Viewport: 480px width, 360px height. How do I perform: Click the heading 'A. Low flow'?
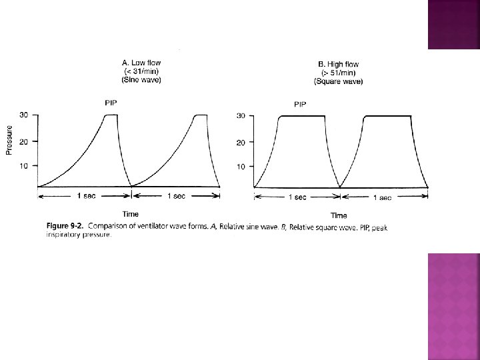tap(141, 63)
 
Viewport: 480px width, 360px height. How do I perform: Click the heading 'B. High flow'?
tap(338, 64)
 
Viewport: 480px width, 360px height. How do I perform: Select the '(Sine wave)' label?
tap(141, 80)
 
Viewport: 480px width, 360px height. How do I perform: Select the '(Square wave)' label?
tap(338, 81)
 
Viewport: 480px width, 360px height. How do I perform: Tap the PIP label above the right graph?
tap(301, 104)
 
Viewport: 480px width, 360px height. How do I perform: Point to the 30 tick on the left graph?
tap(24, 115)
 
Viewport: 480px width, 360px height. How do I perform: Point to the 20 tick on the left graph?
tap(24, 141)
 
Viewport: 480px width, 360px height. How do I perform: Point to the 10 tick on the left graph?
tap(24, 165)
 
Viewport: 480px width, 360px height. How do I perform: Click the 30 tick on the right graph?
tap(242, 116)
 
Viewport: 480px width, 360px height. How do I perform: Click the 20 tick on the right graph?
tap(242, 142)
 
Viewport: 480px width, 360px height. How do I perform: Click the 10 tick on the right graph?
tap(242, 166)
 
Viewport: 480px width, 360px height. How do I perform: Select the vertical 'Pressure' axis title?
tap(9, 141)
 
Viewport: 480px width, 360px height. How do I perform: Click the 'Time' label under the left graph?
tap(131, 213)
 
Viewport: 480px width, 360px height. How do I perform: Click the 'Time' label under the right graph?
tap(339, 215)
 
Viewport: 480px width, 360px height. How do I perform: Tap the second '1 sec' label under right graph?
tap(382, 197)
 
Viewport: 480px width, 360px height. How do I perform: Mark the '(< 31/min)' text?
tap(141, 72)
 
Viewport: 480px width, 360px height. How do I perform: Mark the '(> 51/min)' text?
tap(338, 73)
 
